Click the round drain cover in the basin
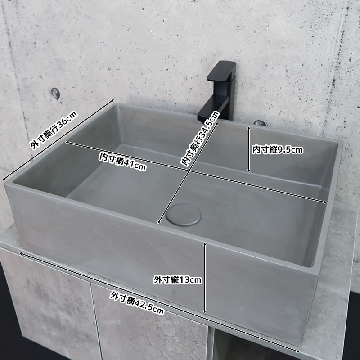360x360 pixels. [x=183, y=215]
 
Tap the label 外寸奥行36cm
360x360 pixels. [x=54, y=130]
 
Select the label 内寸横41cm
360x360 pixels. [x=122, y=162]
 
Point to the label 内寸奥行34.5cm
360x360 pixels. [x=200, y=139]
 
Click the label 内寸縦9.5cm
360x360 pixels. [x=278, y=150]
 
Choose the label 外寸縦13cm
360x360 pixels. [x=177, y=279]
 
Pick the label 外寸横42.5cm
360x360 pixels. [x=137, y=302]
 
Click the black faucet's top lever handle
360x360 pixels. [x=221, y=71]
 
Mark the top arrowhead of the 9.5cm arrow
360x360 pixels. [x=248, y=127]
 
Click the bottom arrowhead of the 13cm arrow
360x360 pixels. [x=205, y=311]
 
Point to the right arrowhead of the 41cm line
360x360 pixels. [x=325, y=202]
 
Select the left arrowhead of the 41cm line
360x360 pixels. [x=67, y=143]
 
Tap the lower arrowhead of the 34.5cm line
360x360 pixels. [x=158, y=222]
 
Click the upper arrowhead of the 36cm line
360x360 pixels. [x=112, y=100]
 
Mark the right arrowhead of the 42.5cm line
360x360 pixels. [x=297, y=351]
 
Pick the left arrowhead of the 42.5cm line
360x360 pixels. [x=21, y=253]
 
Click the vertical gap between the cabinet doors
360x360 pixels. [x=96, y=321]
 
